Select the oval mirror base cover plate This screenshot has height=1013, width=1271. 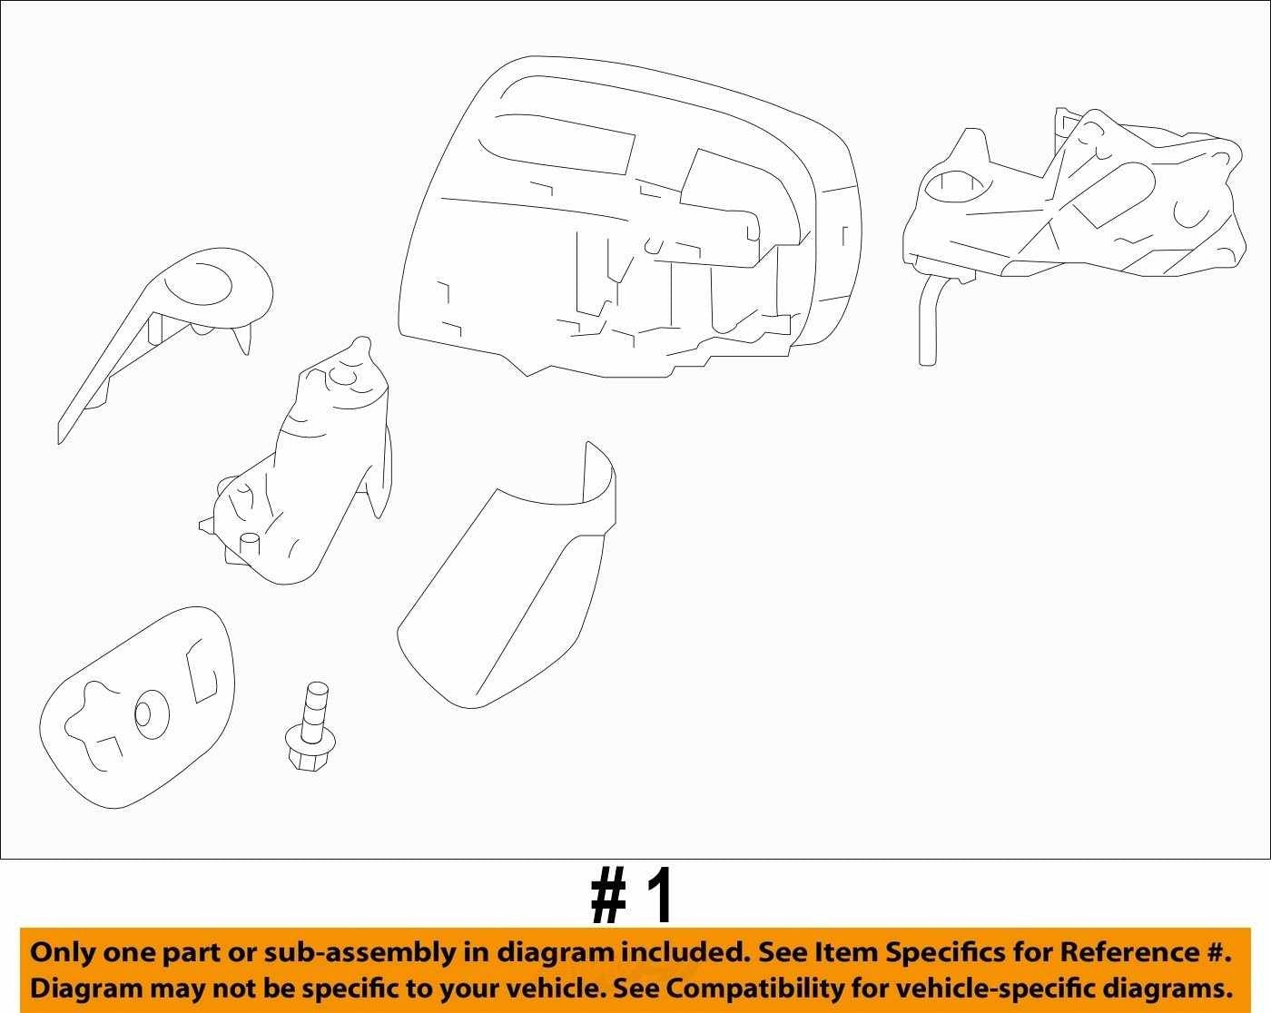pyautogui.click(x=137, y=707)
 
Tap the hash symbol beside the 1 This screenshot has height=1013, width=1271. pyautogui.click(x=608, y=896)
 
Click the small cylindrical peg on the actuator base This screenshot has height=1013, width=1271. pyautogui.click(x=250, y=543)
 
